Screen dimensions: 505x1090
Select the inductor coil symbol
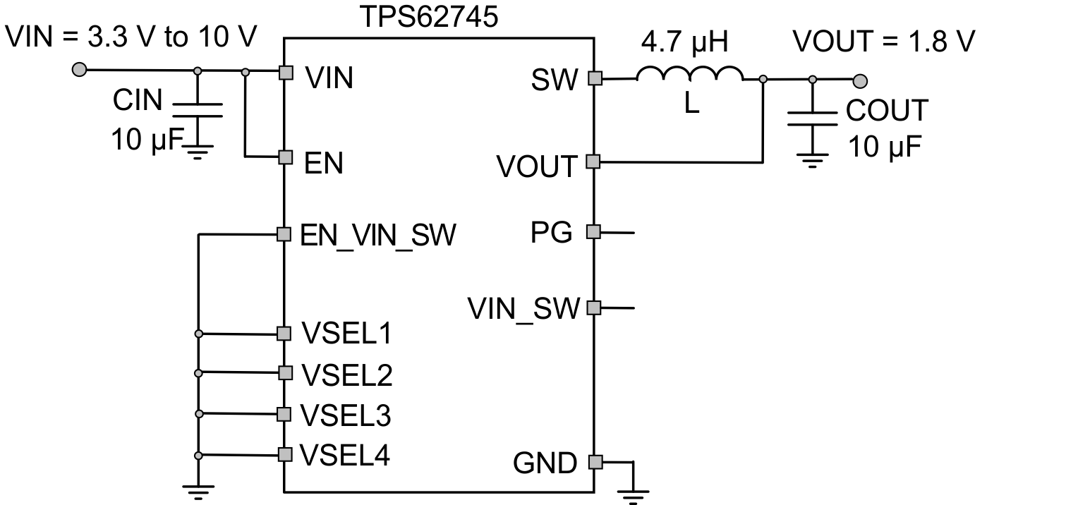[689, 75]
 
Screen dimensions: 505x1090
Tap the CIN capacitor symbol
[198, 110]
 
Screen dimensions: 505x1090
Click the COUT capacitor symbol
[813, 117]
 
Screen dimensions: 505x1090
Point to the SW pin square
[595, 78]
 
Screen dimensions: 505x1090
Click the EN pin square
[284, 157]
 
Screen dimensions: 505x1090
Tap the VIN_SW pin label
[523, 308]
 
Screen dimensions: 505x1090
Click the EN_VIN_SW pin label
[378, 234]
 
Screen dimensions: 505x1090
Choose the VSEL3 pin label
[346, 415]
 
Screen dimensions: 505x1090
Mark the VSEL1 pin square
[284, 333]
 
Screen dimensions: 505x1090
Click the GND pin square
[595, 462]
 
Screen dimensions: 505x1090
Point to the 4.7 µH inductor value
[684, 42]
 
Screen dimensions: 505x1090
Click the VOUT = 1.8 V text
[883, 42]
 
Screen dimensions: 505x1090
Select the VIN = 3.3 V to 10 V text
[131, 36]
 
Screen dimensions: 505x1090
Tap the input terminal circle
[80, 69]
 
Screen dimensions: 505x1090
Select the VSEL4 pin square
[284, 454]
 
